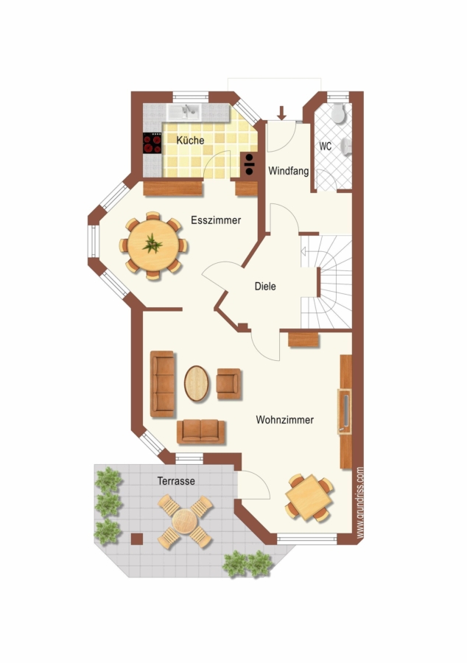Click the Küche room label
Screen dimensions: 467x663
(190, 140)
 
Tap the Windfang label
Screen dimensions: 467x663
(289, 171)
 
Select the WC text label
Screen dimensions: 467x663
(326, 147)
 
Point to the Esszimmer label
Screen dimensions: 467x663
(216, 220)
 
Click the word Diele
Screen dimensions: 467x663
(265, 287)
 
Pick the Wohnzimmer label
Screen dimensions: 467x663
(285, 420)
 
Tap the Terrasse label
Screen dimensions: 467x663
(176, 481)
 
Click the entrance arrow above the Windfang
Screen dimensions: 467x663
(282, 113)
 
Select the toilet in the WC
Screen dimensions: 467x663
(339, 113)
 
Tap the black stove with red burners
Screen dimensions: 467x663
(152, 143)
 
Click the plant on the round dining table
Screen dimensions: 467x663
(152, 244)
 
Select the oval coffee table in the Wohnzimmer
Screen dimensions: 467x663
(197, 384)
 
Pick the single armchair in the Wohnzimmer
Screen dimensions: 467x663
(228, 384)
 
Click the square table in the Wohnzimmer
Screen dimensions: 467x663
(309, 498)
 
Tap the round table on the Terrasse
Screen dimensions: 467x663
(185, 522)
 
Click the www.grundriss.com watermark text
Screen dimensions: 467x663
(360, 502)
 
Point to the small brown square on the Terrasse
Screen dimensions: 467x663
(137, 539)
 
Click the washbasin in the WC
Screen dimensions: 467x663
(347, 147)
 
